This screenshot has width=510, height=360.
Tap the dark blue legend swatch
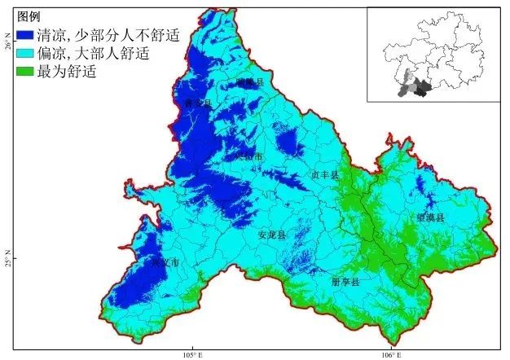click(25, 35)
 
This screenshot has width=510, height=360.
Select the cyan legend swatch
click(25, 54)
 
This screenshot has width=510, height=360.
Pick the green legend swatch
click(25, 72)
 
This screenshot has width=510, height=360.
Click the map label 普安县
click(198, 104)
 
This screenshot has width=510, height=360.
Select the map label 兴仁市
click(249, 156)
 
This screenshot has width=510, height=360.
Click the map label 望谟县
click(430, 218)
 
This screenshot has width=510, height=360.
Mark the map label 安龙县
click(272, 235)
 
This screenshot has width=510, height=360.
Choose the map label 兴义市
click(165, 264)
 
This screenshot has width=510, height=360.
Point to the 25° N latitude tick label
click(7, 258)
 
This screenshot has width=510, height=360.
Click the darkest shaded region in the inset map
click(421, 90)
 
